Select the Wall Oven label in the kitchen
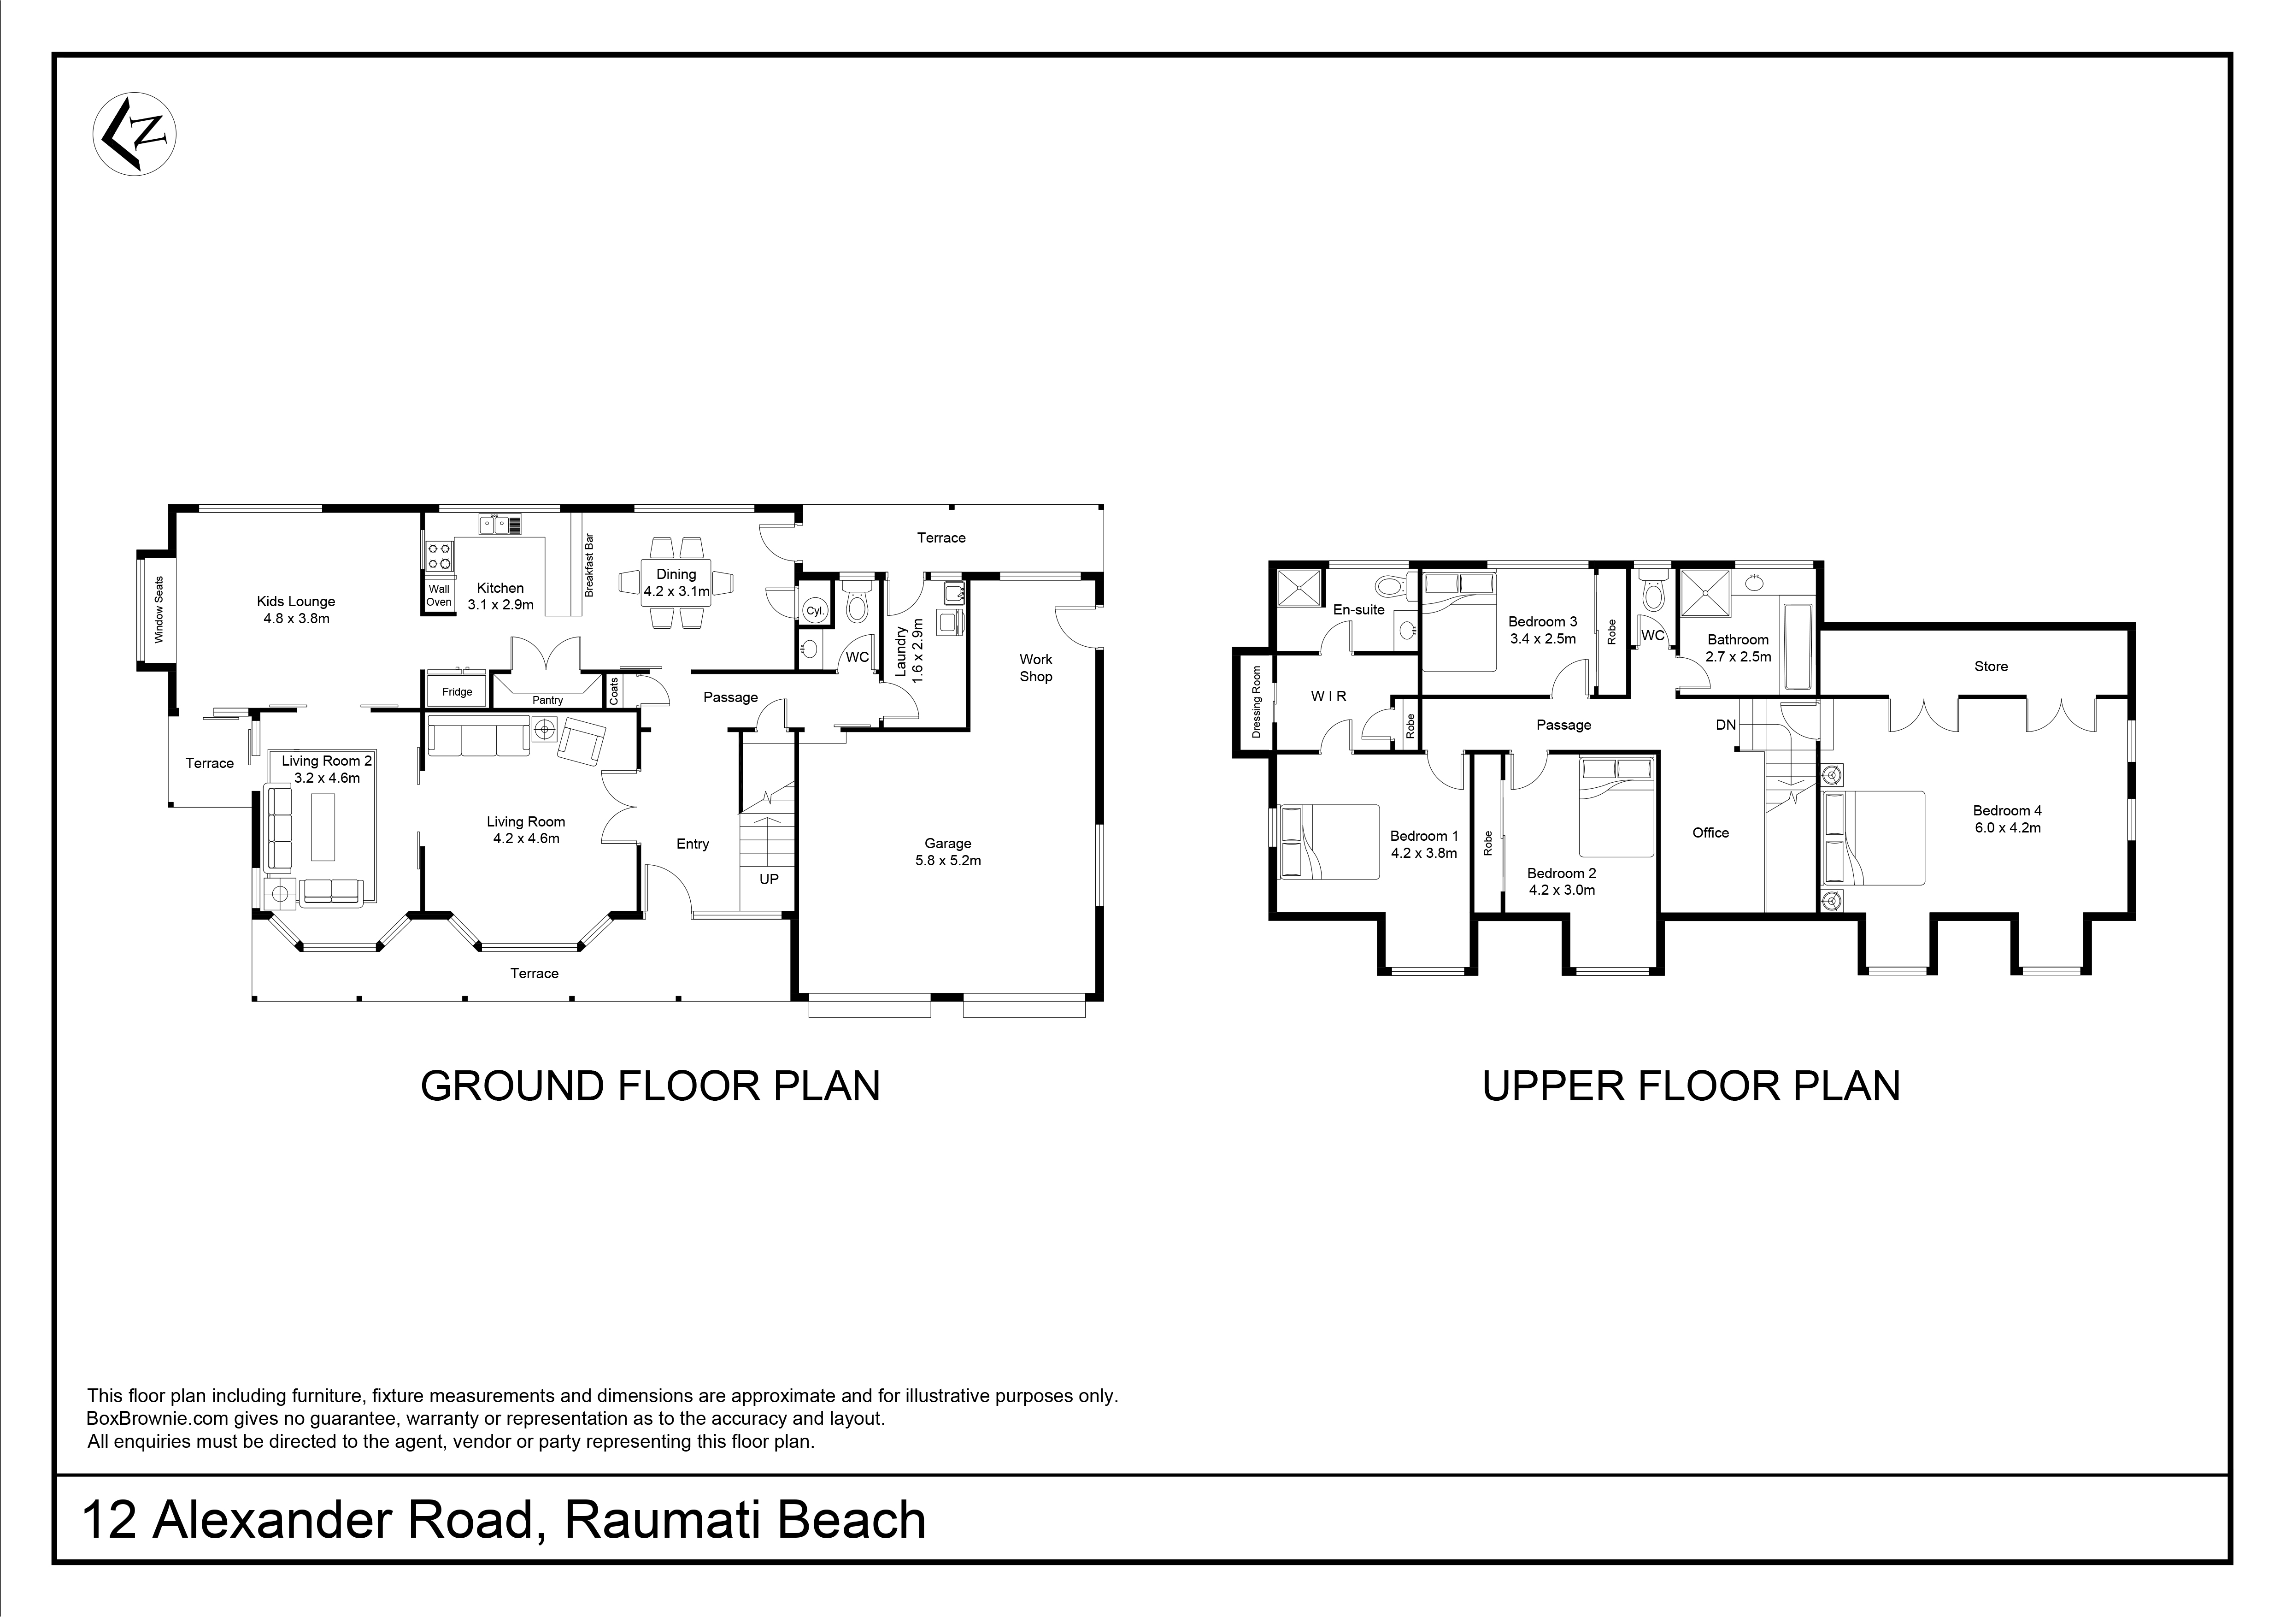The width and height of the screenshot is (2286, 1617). coord(439,596)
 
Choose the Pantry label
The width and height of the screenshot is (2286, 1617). coord(547,700)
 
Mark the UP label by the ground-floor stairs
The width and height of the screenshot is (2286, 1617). coord(769,879)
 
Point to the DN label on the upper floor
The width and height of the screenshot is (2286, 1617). coord(1726,725)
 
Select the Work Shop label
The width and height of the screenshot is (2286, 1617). coord(1035,668)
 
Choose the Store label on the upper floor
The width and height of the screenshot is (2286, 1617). coord(1991,666)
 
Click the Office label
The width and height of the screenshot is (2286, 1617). coord(1710,832)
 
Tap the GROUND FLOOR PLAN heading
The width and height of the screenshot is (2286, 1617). coord(650,1086)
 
